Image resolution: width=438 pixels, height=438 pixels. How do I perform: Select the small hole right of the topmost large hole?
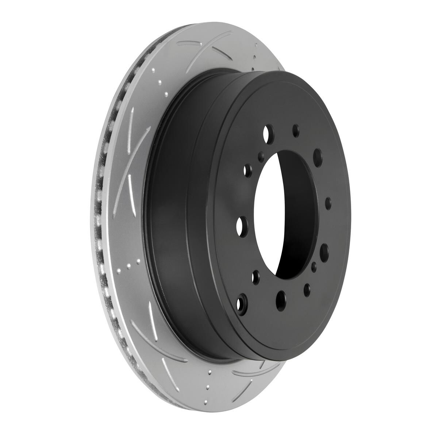296,131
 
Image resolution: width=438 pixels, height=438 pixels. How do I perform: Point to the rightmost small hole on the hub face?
328,203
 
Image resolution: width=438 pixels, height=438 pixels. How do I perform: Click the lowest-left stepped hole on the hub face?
242,303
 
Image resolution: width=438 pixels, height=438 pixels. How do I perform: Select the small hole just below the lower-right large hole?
315,267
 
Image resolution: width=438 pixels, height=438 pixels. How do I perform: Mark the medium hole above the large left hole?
249,170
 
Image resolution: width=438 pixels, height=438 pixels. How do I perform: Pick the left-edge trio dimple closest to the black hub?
138,262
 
